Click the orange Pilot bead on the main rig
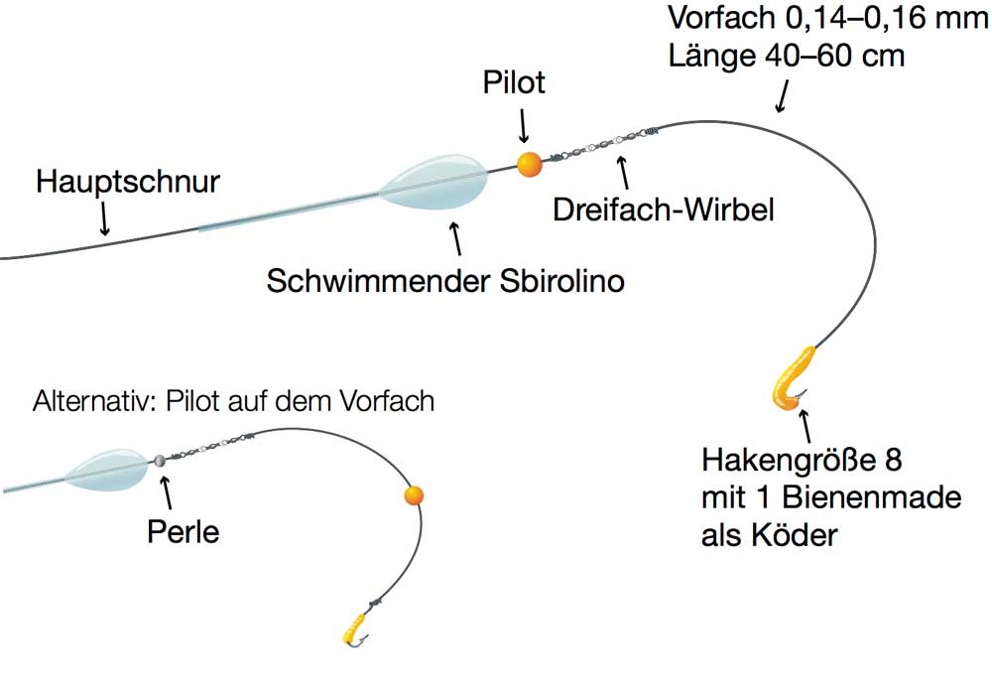click(x=530, y=165)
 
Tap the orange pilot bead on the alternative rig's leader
click(x=414, y=495)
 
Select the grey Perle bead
click(x=159, y=461)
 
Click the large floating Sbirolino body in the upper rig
click(x=436, y=183)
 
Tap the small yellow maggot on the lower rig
click(x=353, y=626)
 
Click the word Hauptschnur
click(x=127, y=183)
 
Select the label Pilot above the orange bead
click(x=514, y=82)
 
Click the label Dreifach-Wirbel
click(x=665, y=210)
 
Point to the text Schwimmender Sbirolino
click(x=445, y=281)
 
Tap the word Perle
click(x=183, y=531)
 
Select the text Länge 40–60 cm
click(x=787, y=56)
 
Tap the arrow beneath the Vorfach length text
click(x=782, y=96)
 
